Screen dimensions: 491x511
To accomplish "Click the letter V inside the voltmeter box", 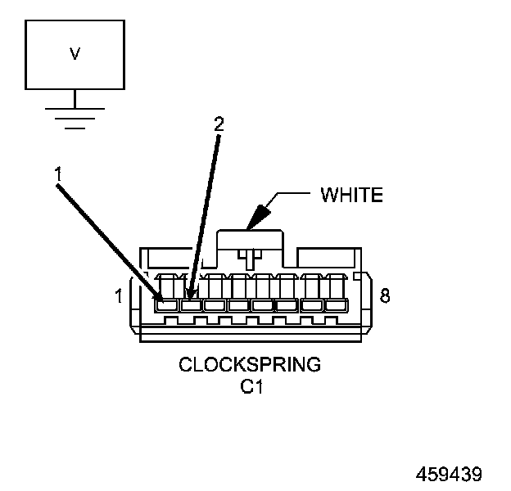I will point(75,54).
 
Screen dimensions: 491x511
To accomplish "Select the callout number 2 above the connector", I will point(218,124).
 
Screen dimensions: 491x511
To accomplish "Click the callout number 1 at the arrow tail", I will point(57,174).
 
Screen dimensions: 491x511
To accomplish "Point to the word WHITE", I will point(351,195).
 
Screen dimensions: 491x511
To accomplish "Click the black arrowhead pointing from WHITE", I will point(259,216).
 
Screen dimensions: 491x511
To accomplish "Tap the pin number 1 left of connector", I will point(119,295).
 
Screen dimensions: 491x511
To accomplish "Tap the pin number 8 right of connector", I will point(384,295).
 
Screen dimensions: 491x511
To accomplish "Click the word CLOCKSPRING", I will point(250,364).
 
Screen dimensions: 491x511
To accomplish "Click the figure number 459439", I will point(449,475).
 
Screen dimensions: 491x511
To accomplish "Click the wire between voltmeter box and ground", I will point(75,98).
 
